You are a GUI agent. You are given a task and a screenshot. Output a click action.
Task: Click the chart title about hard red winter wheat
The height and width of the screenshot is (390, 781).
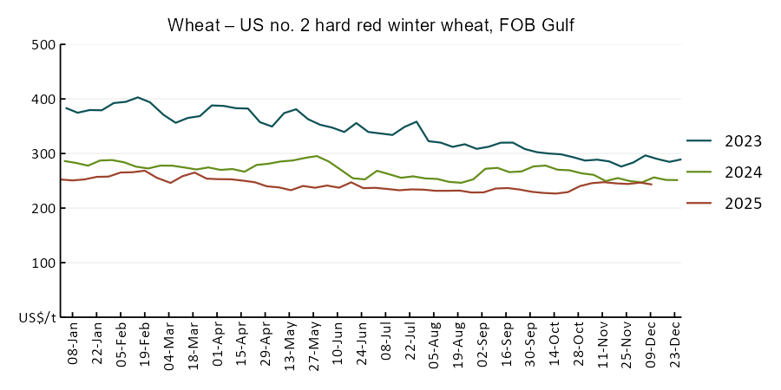point(371,26)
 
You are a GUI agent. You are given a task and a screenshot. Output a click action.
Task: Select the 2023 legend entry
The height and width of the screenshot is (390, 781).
point(725,141)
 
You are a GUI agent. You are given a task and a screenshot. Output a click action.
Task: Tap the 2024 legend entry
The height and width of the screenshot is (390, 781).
point(725,172)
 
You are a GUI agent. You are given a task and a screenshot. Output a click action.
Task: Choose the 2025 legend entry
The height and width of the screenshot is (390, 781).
point(725,204)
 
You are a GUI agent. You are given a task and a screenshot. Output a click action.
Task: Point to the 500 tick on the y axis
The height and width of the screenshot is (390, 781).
point(43,45)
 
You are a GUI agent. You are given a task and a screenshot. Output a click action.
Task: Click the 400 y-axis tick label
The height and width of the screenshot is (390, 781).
point(43,100)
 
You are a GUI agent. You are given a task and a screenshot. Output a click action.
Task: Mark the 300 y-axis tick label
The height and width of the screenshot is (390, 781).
point(43,154)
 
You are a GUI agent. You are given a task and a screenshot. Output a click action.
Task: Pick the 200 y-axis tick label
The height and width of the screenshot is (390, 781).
point(43,209)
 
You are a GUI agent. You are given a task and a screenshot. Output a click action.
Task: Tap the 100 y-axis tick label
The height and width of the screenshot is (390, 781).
point(43,263)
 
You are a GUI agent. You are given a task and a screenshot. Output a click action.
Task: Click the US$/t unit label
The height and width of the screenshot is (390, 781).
point(37,318)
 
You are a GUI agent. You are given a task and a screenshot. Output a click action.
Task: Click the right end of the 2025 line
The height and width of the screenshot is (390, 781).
point(652,185)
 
